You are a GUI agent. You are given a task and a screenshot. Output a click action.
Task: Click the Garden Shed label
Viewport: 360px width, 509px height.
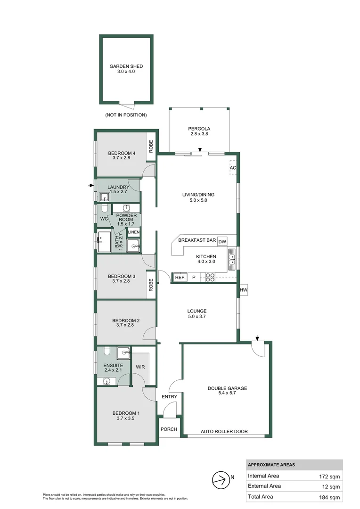[126, 66]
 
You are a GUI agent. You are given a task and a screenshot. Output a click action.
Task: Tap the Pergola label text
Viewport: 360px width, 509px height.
[199, 128]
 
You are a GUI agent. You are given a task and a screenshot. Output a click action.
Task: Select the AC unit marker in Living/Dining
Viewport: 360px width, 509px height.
[233, 168]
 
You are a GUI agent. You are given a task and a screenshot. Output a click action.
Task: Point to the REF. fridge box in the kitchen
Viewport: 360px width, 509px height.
[180, 278]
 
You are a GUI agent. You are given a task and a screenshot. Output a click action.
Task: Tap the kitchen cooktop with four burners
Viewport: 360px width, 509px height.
[211, 278]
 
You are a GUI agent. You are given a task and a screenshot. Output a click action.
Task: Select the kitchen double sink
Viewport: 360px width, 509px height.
[232, 259]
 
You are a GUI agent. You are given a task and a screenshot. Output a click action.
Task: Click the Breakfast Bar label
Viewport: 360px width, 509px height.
[197, 240]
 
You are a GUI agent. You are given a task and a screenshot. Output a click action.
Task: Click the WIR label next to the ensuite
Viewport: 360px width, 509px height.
[140, 366]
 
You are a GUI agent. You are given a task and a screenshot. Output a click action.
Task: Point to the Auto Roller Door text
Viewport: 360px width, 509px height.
[224, 431]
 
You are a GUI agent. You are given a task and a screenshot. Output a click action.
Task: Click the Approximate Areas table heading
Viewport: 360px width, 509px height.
[271, 465]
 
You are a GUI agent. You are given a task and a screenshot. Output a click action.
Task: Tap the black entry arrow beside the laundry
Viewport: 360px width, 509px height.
[91, 186]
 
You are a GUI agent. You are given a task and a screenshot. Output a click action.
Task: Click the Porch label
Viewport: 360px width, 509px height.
[168, 429]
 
